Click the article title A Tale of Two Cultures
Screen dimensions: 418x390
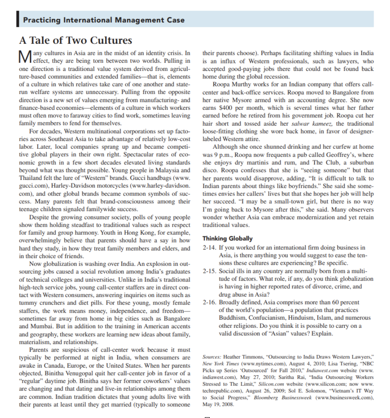76,40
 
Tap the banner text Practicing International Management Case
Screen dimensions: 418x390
104,20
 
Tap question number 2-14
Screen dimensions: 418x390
209,248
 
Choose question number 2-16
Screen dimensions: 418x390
209,302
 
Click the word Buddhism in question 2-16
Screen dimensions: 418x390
232,318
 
